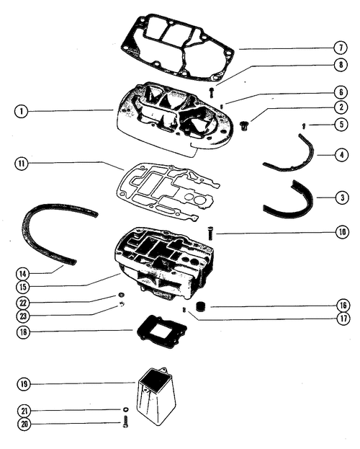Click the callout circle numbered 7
341,48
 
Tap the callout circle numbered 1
22,111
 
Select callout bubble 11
22,164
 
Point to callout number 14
22,274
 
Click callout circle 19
24,383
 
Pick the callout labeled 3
342,197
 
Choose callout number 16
343,306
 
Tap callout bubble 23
23,316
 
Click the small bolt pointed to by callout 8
211,92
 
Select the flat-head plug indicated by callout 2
243,125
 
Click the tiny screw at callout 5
304,125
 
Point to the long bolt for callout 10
210,233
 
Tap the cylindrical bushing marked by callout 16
201,306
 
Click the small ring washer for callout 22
122,295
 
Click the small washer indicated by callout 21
125,409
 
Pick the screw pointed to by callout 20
125,422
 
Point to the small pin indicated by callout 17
184,310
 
